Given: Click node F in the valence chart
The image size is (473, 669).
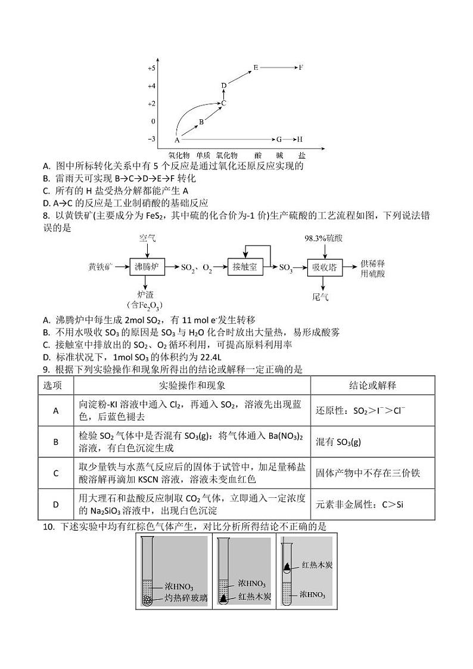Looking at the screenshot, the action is point(301,67).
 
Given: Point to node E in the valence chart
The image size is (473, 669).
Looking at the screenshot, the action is point(256,67).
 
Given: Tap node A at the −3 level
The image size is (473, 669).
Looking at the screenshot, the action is point(177,140).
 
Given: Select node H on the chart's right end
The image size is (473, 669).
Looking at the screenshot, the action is point(300,139).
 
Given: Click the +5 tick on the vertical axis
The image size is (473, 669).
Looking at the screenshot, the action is point(151,69).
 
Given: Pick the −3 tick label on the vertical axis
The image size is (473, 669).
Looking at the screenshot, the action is point(151,139).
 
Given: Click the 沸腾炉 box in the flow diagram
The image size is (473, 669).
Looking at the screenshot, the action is point(148,267).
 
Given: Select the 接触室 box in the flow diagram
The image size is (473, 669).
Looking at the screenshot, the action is point(245,267).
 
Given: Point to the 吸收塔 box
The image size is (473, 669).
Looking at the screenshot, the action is point(325,267).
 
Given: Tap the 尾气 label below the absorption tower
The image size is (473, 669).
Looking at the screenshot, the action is point(320,296).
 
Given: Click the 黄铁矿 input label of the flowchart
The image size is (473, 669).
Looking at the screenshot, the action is point(101,267).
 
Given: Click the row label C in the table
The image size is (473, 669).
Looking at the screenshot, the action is point(56,473).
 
